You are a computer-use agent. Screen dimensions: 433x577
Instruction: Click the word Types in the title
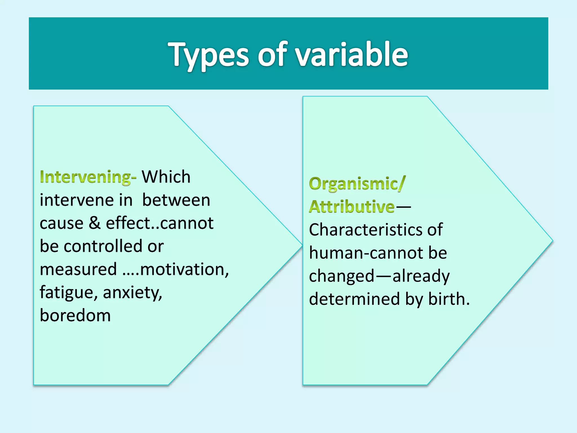coord(208,55)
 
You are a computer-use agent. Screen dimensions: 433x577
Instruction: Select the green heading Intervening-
coord(88,177)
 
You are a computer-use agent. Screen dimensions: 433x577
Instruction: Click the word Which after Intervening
coord(166,177)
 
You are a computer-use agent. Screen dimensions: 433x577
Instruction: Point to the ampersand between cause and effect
coord(94,223)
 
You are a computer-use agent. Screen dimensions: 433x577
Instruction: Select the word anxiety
coord(132,293)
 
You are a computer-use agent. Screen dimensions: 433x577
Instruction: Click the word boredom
coord(75,315)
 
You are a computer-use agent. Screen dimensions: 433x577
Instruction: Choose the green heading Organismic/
coord(357,184)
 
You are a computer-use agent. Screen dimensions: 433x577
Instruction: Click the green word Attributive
coord(352,207)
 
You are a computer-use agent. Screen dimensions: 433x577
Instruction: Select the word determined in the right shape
coord(354,299)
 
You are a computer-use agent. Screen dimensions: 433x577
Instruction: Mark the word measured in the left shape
coord(78,269)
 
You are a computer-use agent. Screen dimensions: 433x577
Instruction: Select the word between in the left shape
coord(176,200)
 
